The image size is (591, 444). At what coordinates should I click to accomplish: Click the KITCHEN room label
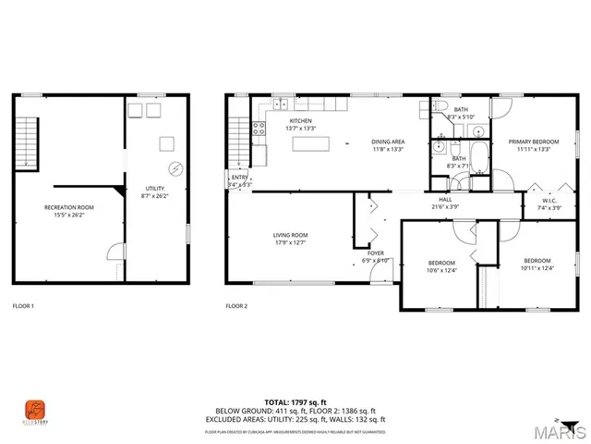(302, 121)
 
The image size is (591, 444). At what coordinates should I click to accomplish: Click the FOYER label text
(375, 253)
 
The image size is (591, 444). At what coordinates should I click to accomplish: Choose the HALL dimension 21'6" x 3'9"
(445, 206)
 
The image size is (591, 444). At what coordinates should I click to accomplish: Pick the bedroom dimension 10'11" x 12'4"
(537, 268)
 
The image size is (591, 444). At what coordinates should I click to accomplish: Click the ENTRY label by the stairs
(239, 177)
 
